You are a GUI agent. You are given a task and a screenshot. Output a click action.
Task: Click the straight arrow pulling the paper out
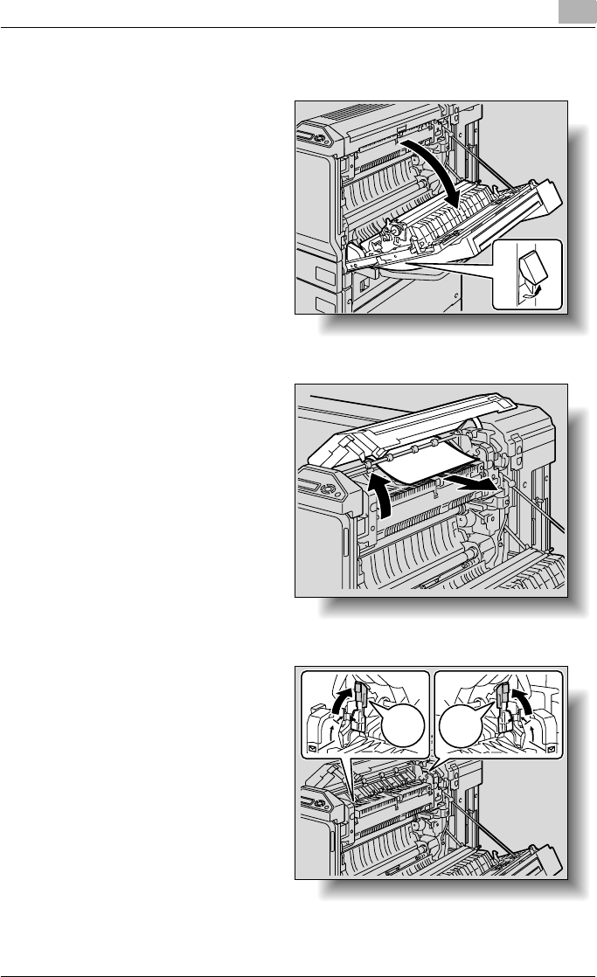tap(473, 482)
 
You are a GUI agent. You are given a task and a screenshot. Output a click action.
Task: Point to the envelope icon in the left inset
tap(313, 749)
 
